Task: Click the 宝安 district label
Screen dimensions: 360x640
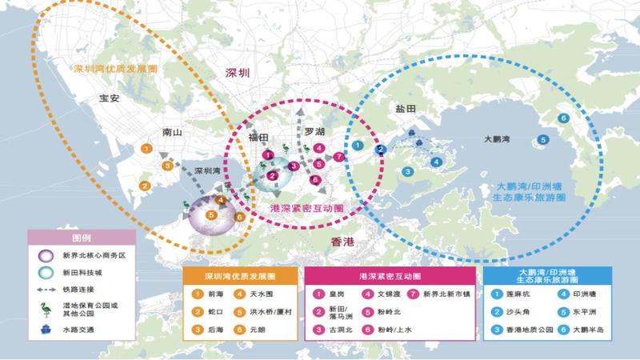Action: pyautogui.click(x=109, y=99)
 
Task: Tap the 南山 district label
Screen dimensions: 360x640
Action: pyautogui.click(x=171, y=133)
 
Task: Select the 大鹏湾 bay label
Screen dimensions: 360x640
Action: pyautogui.click(x=499, y=138)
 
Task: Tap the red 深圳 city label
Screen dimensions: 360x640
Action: pyautogui.click(x=238, y=72)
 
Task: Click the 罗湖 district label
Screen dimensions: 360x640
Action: pyautogui.click(x=314, y=131)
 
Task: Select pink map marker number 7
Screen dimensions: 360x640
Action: pyautogui.click(x=339, y=156)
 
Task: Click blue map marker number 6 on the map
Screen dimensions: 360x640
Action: pyautogui.click(x=564, y=118)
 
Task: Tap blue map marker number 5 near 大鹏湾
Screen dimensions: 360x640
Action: pyautogui.click(x=543, y=139)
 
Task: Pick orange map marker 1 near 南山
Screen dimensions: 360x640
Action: pyautogui.click(x=146, y=148)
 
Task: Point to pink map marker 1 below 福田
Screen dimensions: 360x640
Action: pyautogui.click(x=269, y=154)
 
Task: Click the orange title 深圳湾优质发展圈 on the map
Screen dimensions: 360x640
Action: pyautogui.click(x=115, y=69)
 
